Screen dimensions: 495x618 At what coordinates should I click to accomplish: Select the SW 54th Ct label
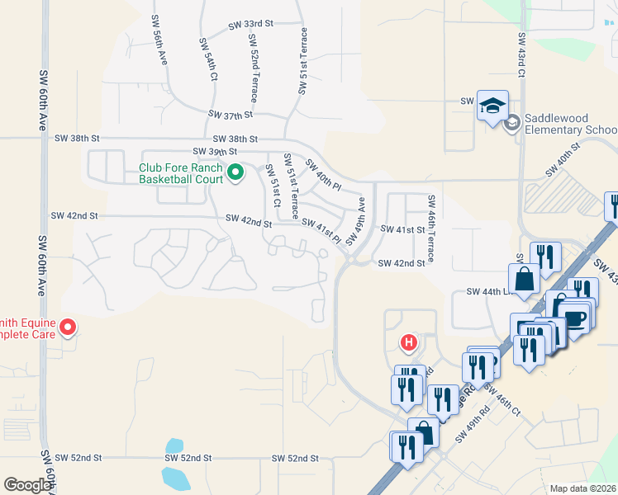[x=207, y=58]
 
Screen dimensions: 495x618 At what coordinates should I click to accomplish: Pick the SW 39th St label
[x=215, y=152]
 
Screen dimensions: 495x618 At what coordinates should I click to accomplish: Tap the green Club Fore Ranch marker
[x=235, y=173]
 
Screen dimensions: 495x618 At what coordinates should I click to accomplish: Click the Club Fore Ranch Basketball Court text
[x=181, y=173]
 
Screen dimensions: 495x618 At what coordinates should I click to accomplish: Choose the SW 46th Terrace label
[x=430, y=214]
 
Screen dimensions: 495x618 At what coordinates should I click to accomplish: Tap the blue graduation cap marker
[x=492, y=106]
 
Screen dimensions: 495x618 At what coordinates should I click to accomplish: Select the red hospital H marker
[x=407, y=342]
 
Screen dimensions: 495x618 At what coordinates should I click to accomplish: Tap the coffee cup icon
[x=574, y=317]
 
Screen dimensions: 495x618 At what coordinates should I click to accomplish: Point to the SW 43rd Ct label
[x=521, y=56]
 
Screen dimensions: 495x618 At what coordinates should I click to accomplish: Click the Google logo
[x=28, y=485]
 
